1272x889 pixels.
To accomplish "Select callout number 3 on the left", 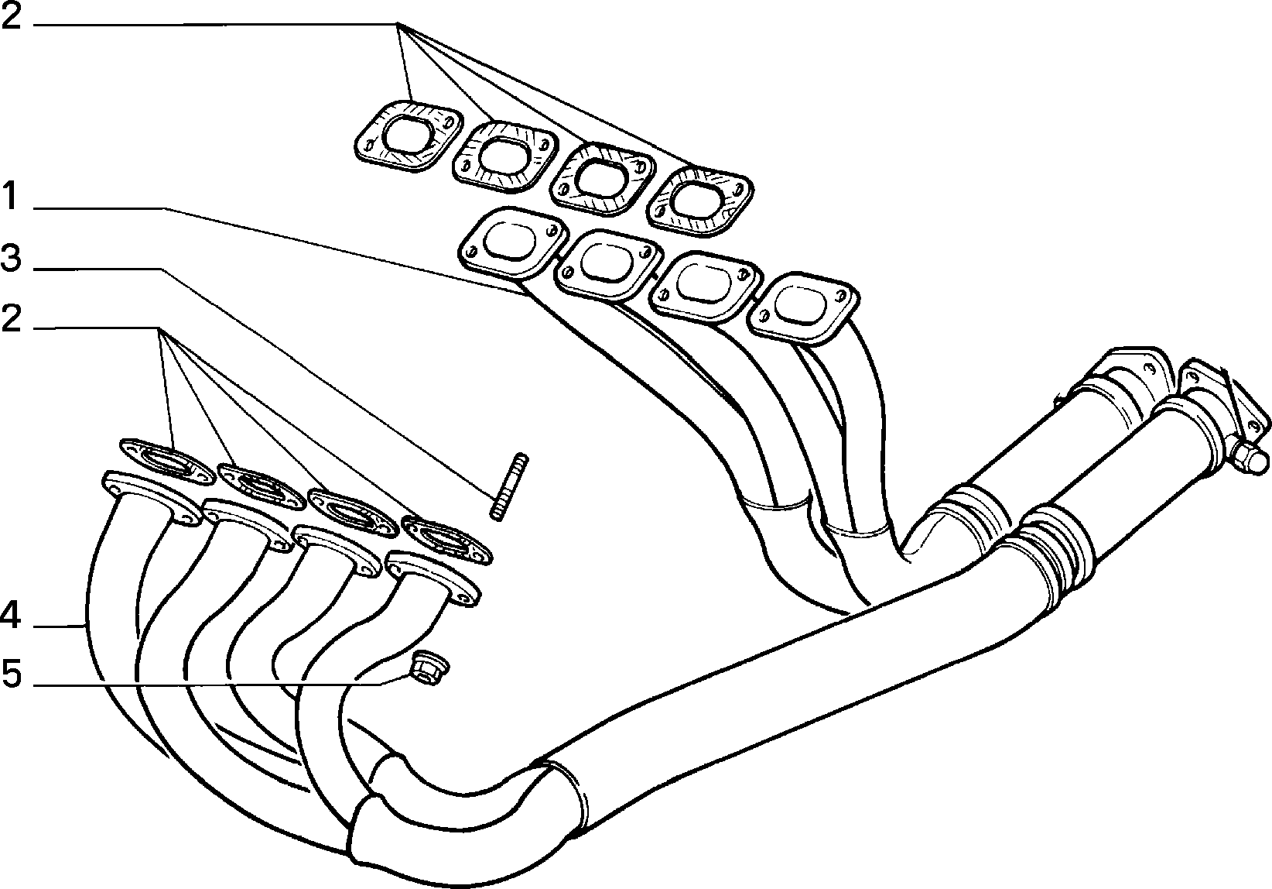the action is (x=11, y=258).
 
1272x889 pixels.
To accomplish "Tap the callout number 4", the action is (x=11, y=616).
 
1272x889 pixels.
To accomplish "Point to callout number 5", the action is (x=12, y=674).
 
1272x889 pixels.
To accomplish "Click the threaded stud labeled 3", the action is (x=508, y=486).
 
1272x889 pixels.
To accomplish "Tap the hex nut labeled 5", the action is (x=430, y=668).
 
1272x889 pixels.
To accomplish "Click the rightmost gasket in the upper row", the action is (x=700, y=202).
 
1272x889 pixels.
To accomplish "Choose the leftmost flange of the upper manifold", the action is (x=513, y=243).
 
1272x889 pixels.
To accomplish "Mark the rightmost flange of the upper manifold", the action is (x=802, y=310).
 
